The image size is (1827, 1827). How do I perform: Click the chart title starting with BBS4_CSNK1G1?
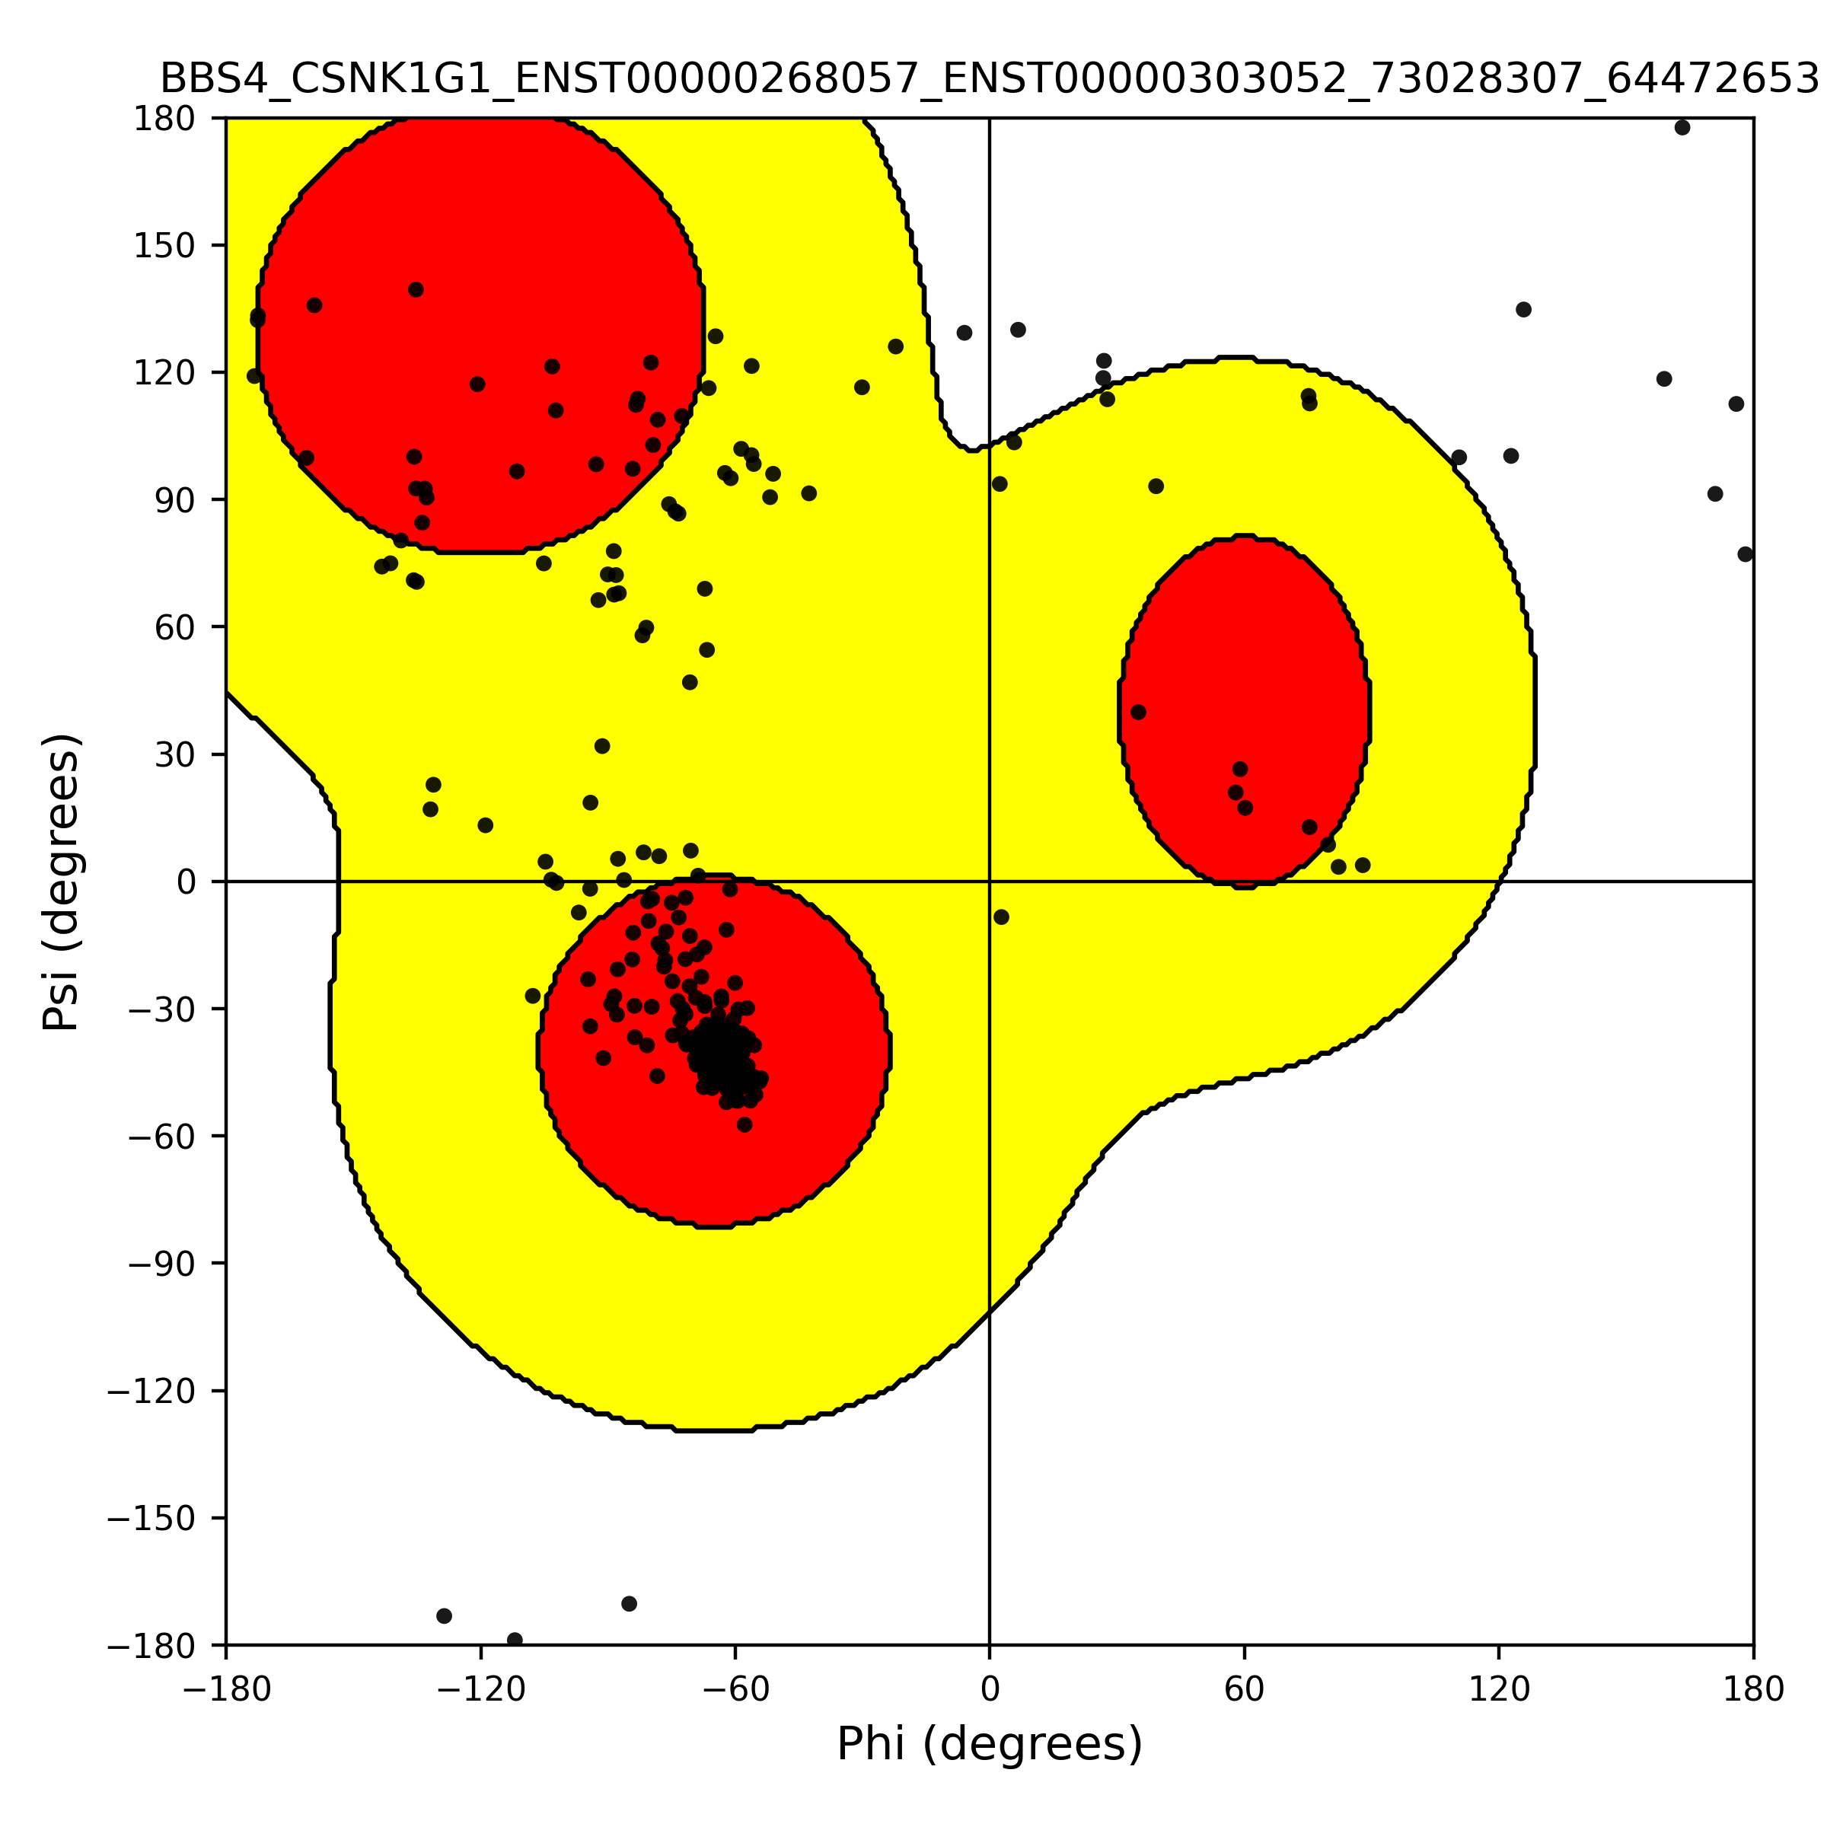(x=989, y=78)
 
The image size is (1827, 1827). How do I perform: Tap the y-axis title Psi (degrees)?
(x=62, y=882)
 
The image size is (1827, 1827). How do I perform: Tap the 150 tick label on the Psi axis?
(x=164, y=246)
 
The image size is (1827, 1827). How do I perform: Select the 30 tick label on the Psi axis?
(x=175, y=754)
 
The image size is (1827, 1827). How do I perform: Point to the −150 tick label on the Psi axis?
(x=151, y=1518)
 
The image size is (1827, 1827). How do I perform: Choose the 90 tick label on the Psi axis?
(x=175, y=500)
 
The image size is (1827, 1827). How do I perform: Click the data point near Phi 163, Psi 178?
(x=1682, y=128)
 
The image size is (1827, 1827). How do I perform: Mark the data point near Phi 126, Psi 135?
(x=1523, y=310)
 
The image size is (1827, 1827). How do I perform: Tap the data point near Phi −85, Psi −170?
(x=630, y=1604)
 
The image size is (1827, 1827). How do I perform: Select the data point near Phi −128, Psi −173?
(x=445, y=1616)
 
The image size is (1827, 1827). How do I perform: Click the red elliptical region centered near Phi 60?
(x=1245, y=711)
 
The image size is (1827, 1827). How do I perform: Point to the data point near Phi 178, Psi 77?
(x=1746, y=554)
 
